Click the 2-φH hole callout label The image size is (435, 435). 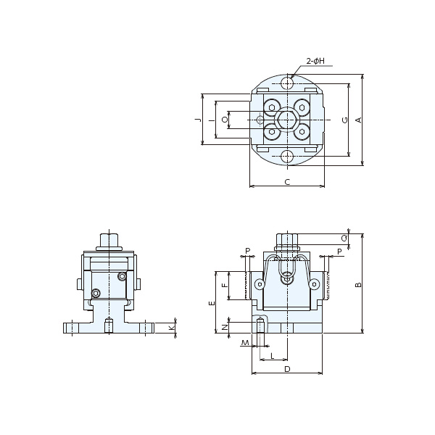(315, 61)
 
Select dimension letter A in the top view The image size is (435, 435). (359, 120)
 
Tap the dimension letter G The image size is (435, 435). (345, 120)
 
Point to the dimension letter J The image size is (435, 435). (198, 120)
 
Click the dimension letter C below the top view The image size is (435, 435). (287, 182)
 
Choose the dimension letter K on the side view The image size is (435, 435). (172, 328)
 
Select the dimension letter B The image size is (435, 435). (358, 285)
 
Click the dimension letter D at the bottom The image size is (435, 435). (287, 369)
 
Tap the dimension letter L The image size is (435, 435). (273, 356)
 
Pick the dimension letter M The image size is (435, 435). (245, 343)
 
